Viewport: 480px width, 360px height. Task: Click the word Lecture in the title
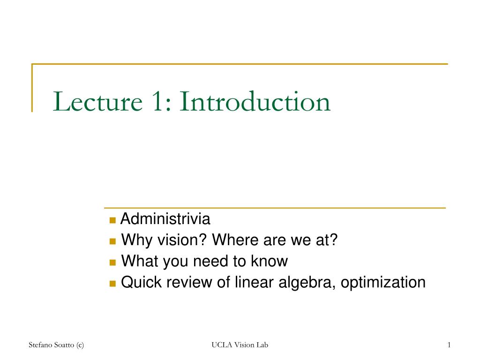tap(98, 101)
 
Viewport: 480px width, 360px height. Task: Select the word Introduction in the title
tap(255, 101)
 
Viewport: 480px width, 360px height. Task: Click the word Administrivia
tap(165, 219)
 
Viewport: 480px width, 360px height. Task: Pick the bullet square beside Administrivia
tap(112, 220)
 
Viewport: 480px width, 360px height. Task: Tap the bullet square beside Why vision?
tap(112, 241)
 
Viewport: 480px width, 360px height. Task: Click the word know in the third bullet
tap(270, 261)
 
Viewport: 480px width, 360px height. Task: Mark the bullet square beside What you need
tap(112, 262)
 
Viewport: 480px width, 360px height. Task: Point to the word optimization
tap(383, 283)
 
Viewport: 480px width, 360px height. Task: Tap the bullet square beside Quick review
tap(112, 284)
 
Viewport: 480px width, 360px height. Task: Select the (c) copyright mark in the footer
tap(80, 345)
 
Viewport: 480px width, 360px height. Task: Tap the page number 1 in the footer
tap(449, 345)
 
